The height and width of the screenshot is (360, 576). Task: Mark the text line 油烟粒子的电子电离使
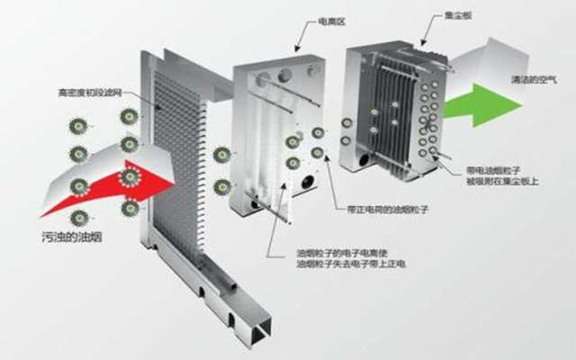(x=336, y=254)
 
